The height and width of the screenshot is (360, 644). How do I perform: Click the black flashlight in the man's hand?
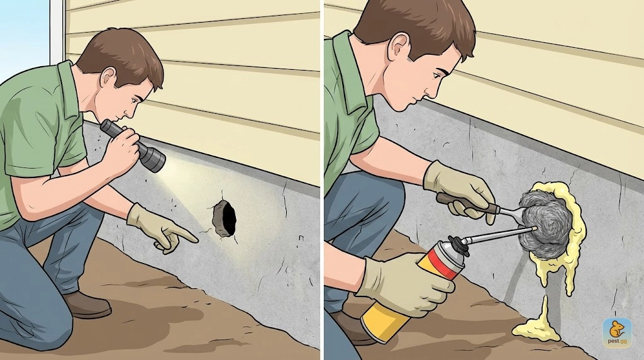133,145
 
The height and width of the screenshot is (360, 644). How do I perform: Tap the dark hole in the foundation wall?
225,218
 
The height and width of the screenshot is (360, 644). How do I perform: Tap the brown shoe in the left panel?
86,305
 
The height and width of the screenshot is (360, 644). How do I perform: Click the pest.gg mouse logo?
617,333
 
